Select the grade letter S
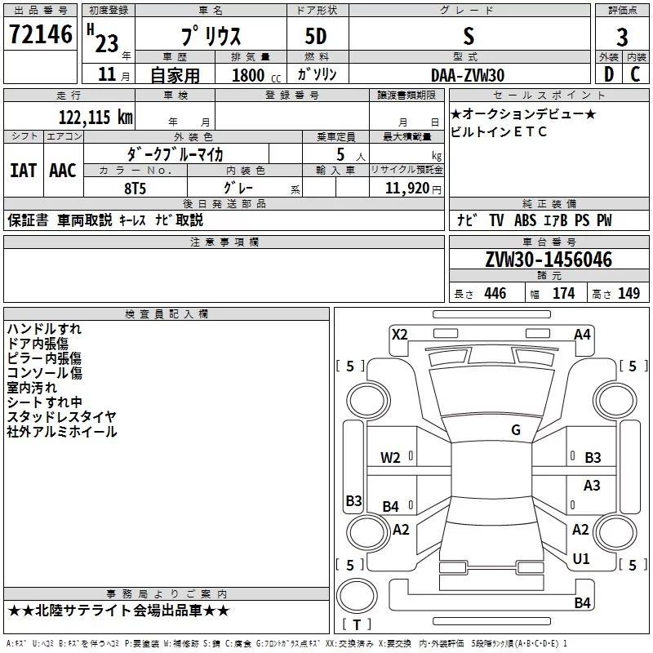[x=468, y=35]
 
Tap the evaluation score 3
[x=622, y=38]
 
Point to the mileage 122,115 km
[x=96, y=118]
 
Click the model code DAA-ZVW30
[x=468, y=75]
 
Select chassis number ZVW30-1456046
[x=548, y=260]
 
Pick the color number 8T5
[x=135, y=187]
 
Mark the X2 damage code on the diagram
[x=399, y=334]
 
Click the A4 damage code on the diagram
[x=582, y=334]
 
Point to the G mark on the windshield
[x=516, y=430]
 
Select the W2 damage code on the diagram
[x=390, y=458]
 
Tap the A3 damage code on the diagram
[x=592, y=486]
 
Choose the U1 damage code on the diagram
[x=581, y=559]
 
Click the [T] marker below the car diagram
[x=357, y=625]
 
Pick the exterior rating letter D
[x=608, y=75]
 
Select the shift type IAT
[x=23, y=171]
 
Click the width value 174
[x=563, y=294]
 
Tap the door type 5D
[x=318, y=35]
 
